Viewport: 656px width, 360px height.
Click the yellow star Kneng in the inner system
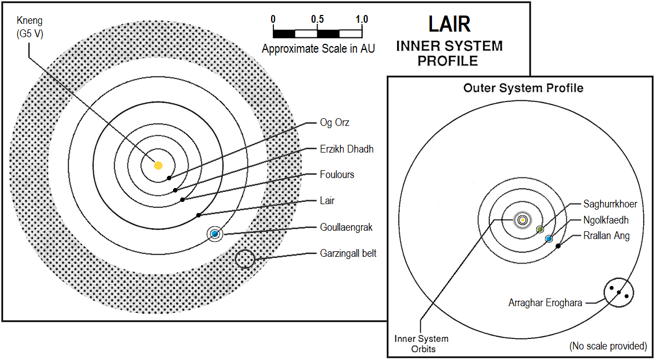(x=158, y=165)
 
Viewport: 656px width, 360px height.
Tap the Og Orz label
(x=334, y=123)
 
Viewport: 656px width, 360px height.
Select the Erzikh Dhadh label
(x=347, y=149)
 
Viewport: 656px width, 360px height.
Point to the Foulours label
(x=337, y=175)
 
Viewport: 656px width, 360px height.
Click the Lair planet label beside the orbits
(x=327, y=201)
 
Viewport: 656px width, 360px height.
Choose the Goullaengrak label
(x=346, y=227)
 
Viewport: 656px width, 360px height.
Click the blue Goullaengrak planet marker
(x=215, y=234)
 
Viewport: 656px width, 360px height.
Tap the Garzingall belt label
(x=348, y=253)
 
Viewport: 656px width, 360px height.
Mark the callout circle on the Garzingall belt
(x=245, y=258)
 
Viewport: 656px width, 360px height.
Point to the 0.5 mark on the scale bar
(x=317, y=19)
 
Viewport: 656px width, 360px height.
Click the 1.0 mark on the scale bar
(x=362, y=19)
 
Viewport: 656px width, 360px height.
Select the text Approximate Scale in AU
(x=318, y=49)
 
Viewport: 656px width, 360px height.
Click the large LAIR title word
(x=449, y=24)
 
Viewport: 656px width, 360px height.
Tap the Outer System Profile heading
(x=523, y=88)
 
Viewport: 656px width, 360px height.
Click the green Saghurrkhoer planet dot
(x=540, y=229)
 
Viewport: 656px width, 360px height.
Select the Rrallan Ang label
(x=606, y=236)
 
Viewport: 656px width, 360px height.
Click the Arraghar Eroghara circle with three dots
(x=619, y=292)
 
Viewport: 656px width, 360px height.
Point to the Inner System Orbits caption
(x=421, y=343)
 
